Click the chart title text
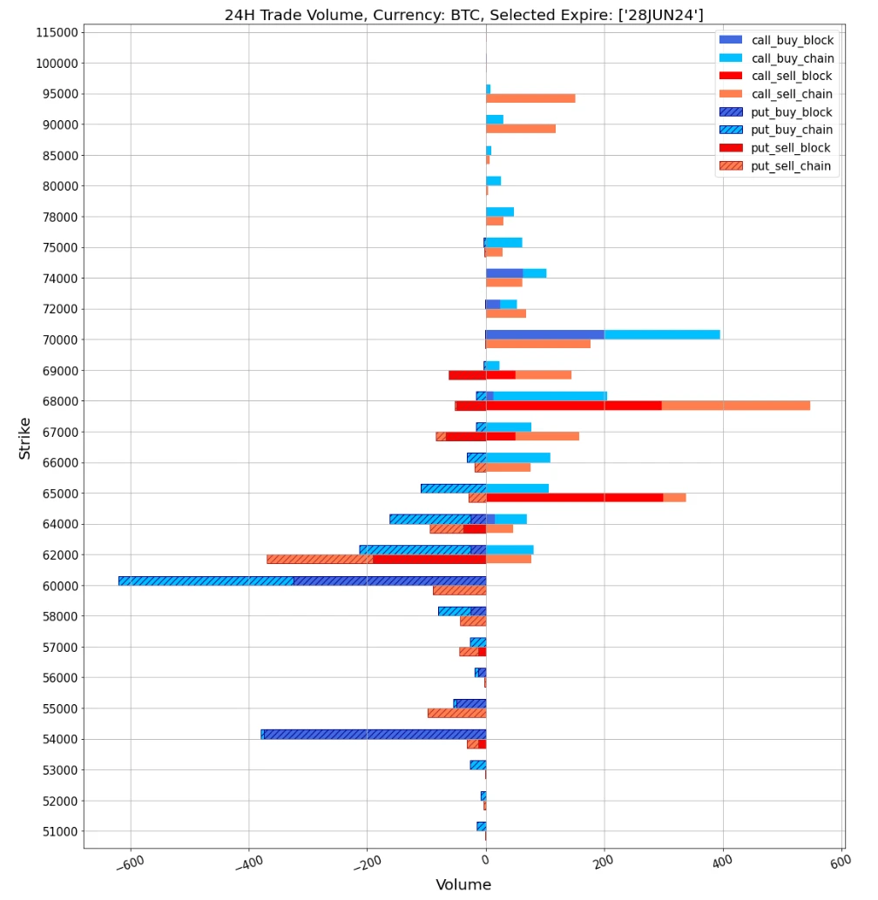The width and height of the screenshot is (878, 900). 463,14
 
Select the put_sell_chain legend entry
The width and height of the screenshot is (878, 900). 790,166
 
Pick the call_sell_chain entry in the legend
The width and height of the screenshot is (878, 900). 791,94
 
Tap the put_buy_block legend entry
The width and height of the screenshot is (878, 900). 791,112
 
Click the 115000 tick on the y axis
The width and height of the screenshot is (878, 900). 51,32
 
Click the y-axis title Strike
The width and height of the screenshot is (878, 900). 24,439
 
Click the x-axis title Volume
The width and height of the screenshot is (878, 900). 463,885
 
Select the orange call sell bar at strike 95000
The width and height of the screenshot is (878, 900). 530,98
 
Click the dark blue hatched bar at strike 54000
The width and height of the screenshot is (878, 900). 375,735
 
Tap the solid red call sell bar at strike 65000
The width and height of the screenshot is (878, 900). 574,498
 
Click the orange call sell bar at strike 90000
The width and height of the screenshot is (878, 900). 521,129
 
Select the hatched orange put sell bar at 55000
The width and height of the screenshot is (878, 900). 456,713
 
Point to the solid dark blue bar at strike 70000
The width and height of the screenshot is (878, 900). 545,334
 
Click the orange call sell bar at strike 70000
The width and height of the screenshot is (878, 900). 538,344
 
